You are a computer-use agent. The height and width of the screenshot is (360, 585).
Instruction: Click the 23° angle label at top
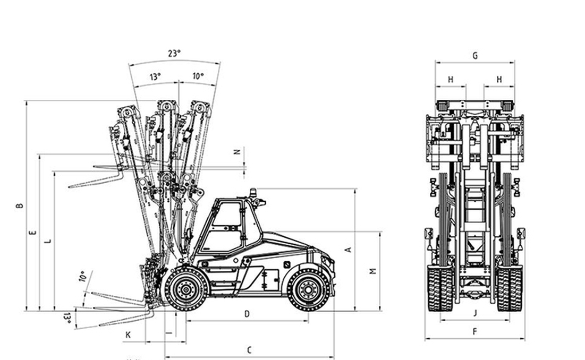click(x=174, y=53)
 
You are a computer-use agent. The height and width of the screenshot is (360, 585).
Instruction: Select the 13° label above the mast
click(x=155, y=76)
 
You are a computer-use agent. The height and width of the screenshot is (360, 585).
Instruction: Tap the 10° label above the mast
click(x=198, y=76)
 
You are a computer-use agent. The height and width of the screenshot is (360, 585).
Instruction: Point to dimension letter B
click(x=20, y=205)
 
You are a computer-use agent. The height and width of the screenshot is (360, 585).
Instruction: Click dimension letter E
click(x=33, y=232)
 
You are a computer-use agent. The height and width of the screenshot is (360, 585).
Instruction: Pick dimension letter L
click(x=48, y=241)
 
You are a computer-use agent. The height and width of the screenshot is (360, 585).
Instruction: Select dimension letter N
click(x=238, y=152)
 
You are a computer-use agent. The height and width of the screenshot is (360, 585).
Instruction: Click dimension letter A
click(x=349, y=250)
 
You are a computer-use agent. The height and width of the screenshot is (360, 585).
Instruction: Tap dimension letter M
click(x=374, y=271)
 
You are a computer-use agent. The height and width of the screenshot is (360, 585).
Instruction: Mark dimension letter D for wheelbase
click(x=247, y=314)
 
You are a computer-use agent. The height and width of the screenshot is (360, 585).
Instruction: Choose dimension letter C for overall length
click(x=249, y=350)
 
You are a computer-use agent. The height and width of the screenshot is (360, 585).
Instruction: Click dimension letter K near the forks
click(x=128, y=335)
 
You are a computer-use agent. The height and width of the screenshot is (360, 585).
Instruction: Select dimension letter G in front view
click(x=475, y=56)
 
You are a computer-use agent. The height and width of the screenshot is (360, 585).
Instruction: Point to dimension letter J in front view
click(x=475, y=313)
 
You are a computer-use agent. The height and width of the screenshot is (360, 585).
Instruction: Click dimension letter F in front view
click(x=475, y=332)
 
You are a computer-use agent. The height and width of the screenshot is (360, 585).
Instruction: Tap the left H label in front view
click(x=451, y=80)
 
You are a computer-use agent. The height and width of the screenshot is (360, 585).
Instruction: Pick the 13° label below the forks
click(x=67, y=318)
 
